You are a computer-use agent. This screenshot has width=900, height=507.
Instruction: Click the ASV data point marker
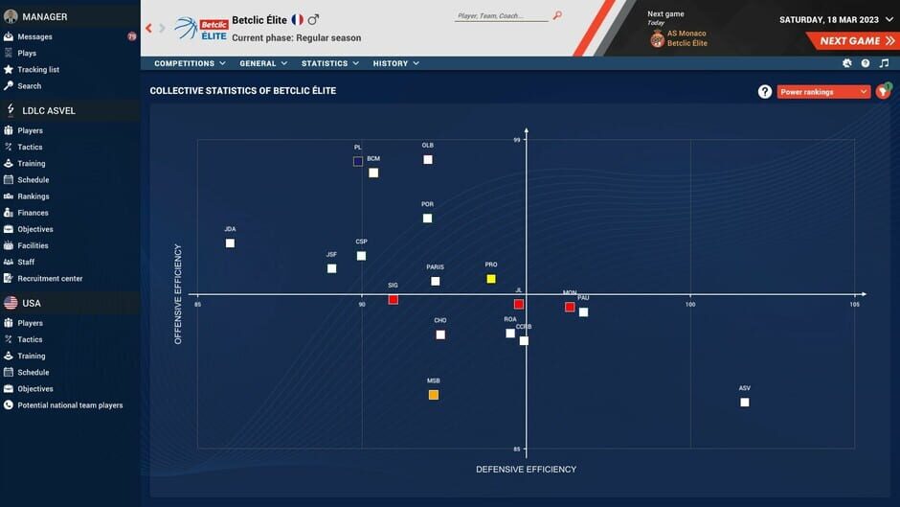(745, 403)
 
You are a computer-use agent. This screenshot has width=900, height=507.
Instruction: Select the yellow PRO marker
(491, 279)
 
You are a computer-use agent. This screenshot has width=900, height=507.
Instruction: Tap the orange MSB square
(434, 395)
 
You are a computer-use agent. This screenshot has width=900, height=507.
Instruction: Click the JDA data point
(230, 243)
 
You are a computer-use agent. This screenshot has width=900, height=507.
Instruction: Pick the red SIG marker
(394, 300)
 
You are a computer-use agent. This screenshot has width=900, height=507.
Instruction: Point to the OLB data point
(428, 160)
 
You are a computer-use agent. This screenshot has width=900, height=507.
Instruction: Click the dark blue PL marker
(358, 162)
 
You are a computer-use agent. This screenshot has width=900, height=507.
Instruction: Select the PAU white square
(583, 312)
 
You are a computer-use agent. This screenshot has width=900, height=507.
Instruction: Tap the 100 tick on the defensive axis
(689, 305)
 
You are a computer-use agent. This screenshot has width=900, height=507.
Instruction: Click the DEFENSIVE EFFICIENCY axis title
(526, 470)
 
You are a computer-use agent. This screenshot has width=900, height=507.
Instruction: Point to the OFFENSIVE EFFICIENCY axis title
(178, 294)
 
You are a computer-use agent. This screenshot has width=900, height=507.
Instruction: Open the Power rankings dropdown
(823, 92)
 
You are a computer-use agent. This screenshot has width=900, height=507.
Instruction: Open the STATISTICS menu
(329, 63)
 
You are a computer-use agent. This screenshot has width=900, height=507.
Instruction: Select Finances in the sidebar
(33, 213)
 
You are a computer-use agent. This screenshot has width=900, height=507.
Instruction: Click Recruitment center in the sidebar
(50, 279)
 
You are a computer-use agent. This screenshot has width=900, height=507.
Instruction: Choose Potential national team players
(70, 405)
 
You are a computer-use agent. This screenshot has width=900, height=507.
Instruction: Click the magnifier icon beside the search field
(557, 15)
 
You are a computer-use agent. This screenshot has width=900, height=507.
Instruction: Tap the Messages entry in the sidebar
(34, 36)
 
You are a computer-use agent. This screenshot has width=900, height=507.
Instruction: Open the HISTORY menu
(395, 63)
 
